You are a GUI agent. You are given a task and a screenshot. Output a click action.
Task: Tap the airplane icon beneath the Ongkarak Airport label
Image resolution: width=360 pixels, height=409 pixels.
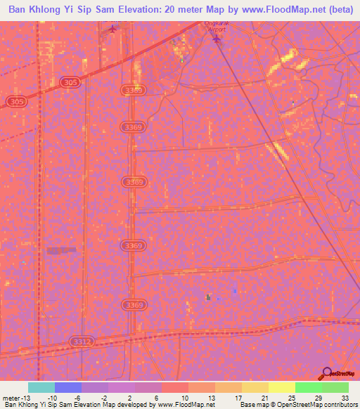tap(217, 39)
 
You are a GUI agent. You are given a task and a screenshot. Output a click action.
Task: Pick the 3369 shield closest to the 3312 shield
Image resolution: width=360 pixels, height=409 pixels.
tap(133, 305)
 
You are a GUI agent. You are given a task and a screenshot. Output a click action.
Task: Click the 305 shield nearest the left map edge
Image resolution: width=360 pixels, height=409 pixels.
tap(17, 103)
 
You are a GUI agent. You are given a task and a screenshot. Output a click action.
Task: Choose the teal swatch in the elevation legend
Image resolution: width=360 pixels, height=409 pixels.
tap(41, 387)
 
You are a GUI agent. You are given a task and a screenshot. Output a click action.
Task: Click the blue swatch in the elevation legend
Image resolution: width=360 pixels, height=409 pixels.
tap(68, 387)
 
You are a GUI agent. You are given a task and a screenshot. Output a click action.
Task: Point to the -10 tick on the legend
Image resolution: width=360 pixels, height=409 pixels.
tap(51, 398)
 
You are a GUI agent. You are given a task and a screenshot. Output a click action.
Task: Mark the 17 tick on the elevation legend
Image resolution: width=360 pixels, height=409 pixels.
tap(238, 398)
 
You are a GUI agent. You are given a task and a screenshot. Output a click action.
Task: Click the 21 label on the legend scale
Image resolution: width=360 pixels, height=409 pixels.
tap(265, 398)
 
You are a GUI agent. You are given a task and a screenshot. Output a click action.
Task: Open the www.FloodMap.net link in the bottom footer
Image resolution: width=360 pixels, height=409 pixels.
tap(185, 405)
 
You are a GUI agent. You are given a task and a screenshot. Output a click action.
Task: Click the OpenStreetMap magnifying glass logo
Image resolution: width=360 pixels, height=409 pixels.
tap(328, 374)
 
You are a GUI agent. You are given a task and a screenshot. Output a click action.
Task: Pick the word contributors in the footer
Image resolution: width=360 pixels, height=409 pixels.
tap(340, 405)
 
